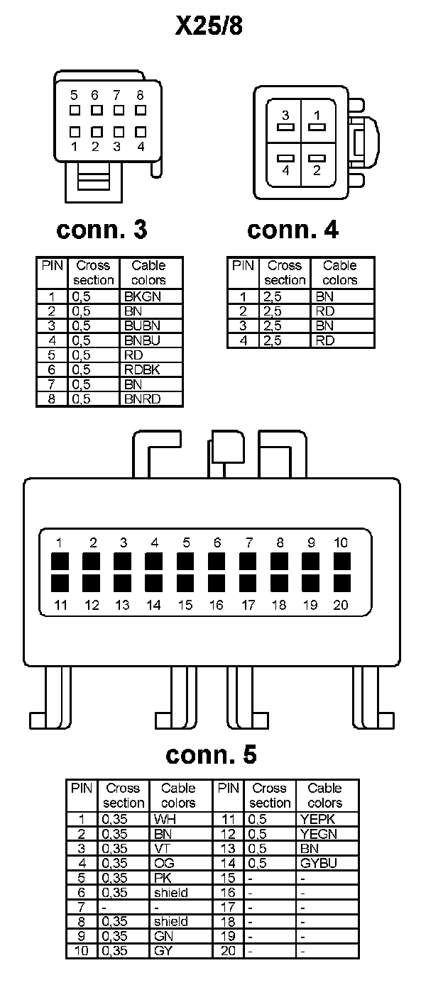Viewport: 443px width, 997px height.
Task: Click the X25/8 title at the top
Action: [x=209, y=26]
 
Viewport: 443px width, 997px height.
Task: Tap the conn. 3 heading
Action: [x=102, y=229]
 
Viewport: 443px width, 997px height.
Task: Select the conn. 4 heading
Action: [x=292, y=229]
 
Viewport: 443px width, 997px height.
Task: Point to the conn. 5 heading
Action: [x=211, y=754]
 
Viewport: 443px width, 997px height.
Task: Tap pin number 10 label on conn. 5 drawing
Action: [x=341, y=542]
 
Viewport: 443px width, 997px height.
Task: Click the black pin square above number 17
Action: [x=248, y=583]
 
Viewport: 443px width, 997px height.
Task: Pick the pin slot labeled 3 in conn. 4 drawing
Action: [x=285, y=128]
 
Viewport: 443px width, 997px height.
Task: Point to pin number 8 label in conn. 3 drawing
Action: [x=140, y=94]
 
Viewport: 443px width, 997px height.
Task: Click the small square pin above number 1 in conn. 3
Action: [x=75, y=131]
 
